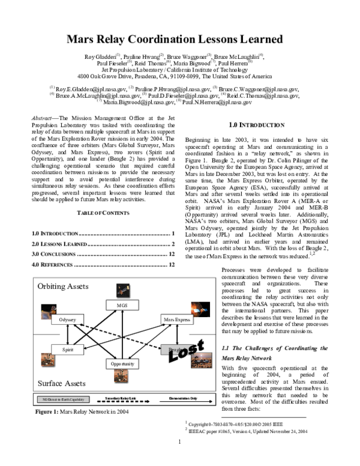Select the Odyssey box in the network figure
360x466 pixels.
[x=67, y=320]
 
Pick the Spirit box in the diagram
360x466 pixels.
[x=67, y=349]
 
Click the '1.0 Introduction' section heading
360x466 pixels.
[x=257, y=124]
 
